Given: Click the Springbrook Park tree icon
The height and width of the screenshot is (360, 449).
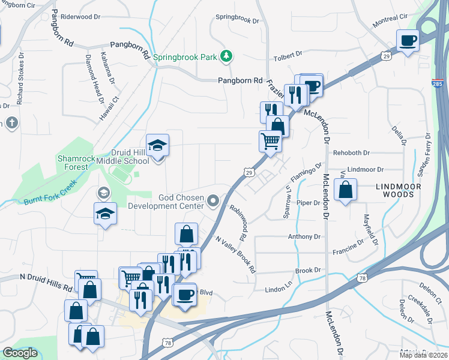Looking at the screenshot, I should [226, 56].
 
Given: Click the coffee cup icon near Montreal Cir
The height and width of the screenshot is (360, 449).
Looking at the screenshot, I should [408, 41].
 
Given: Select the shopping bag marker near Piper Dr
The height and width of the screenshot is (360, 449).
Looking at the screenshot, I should [346, 190].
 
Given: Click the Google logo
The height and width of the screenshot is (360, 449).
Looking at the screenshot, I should [20, 353].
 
